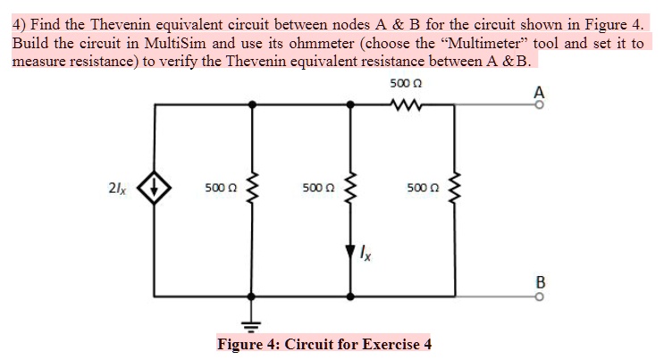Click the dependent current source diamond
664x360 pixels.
[156, 188]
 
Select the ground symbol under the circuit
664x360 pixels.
[253, 322]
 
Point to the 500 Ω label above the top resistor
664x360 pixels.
[407, 84]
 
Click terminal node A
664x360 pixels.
[538, 105]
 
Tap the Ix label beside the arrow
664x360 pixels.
[366, 257]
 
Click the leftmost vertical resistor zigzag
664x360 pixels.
[253, 188]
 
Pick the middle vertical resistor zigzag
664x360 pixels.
[351, 188]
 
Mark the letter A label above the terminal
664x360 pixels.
[538, 91]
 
